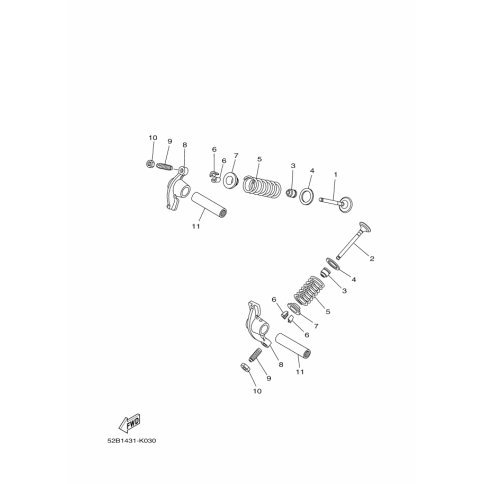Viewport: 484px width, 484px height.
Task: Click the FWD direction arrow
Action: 130,423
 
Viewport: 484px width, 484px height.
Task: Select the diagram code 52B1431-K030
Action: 132,441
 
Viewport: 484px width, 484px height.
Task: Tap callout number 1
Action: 336,174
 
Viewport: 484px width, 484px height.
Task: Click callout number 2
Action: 372,258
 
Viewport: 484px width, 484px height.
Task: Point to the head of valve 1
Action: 346,204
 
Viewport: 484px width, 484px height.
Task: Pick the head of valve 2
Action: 365,227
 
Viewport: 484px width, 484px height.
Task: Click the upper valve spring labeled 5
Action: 262,187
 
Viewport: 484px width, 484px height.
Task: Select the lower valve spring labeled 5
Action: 309,291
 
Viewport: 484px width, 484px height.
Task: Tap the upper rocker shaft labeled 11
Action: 210,204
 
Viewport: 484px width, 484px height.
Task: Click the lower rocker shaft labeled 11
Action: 294,346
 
